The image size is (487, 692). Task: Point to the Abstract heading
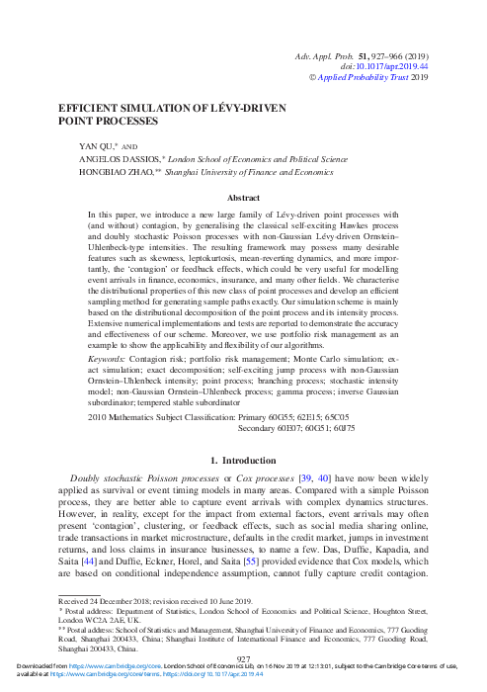(x=243, y=198)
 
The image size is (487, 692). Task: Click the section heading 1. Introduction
(x=243, y=461)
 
